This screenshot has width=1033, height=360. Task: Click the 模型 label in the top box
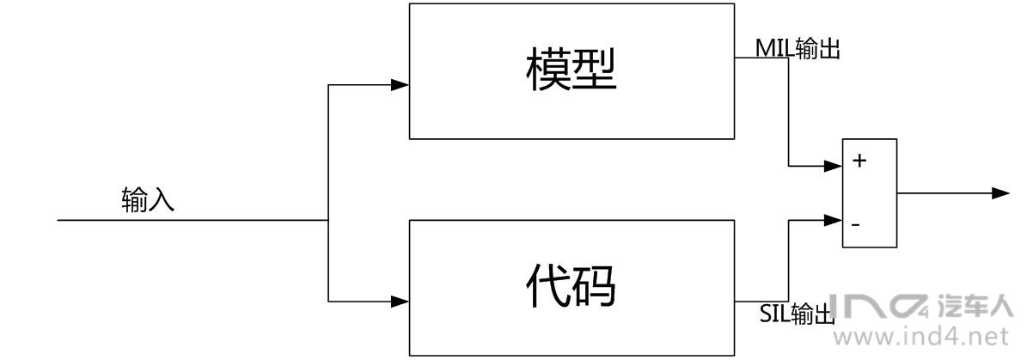point(571,71)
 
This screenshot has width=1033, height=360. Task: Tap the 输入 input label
point(148,201)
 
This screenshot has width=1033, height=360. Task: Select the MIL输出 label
point(798,49)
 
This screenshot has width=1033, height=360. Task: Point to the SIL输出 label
point(798,315)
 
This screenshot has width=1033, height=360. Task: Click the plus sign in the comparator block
point(858,161)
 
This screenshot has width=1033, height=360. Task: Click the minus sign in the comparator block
point(856,224)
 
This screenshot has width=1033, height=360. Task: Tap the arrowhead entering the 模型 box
point(400,85)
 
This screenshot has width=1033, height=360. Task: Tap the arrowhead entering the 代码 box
point(400,302)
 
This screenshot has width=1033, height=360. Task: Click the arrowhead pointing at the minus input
point(834,219)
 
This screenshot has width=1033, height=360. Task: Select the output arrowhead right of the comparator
point(1000,192)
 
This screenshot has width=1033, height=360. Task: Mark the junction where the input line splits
point(329,220)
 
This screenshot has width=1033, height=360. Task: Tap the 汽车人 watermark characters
point(979,307)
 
